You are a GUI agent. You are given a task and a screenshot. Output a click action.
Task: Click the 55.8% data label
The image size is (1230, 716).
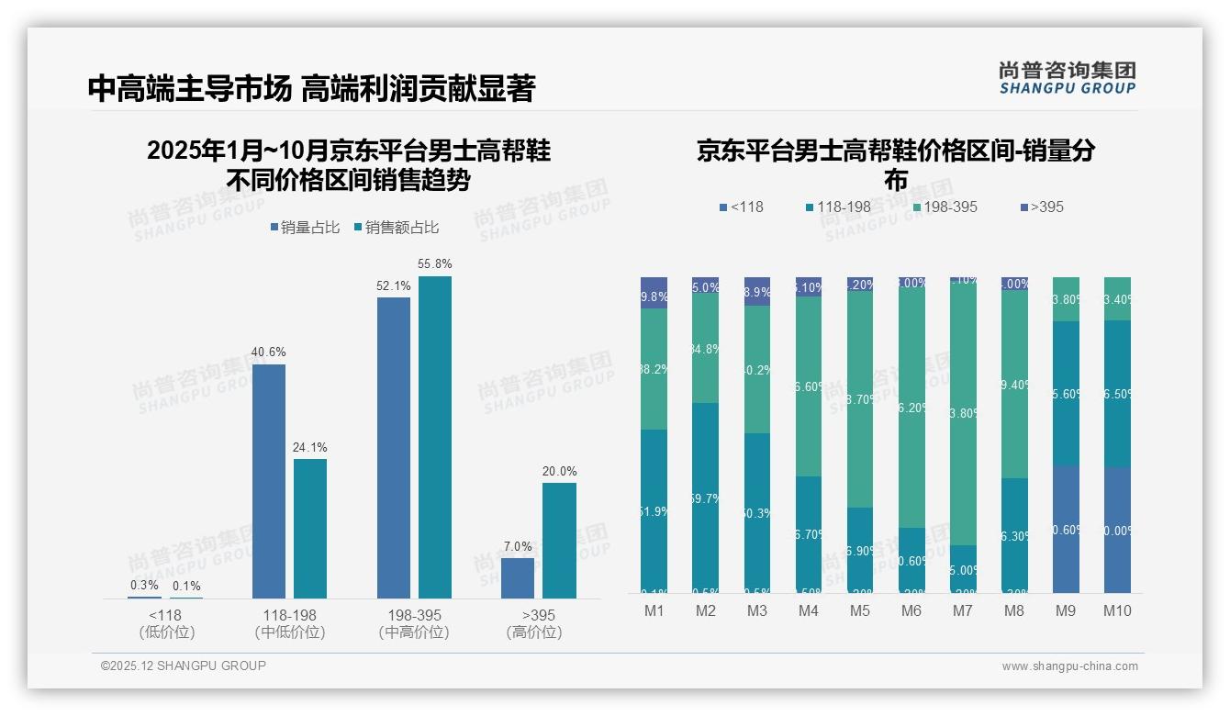tap(435, 264)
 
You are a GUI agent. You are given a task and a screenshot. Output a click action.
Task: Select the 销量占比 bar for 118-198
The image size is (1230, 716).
tap(269, 481)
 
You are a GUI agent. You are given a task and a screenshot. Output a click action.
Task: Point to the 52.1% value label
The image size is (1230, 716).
tap(394, 286)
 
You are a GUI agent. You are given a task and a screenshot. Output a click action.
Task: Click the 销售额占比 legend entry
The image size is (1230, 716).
tap(396, 228)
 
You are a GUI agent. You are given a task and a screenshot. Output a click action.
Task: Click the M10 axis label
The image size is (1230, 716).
tap(1118, 611)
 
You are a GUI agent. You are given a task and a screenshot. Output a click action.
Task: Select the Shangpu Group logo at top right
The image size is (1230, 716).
tap(1067, 77)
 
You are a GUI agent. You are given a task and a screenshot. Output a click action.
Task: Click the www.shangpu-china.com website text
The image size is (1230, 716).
tap(1069, 666)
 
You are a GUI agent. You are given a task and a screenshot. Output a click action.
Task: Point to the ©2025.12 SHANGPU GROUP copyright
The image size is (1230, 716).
tap(184, 666)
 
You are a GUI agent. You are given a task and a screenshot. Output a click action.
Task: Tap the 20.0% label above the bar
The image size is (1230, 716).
tap(559, 472)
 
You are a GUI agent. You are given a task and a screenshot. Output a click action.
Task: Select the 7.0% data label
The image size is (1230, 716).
tap(518, 547)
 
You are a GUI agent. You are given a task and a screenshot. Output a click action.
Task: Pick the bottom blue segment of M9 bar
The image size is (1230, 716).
tap(1067, 529)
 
